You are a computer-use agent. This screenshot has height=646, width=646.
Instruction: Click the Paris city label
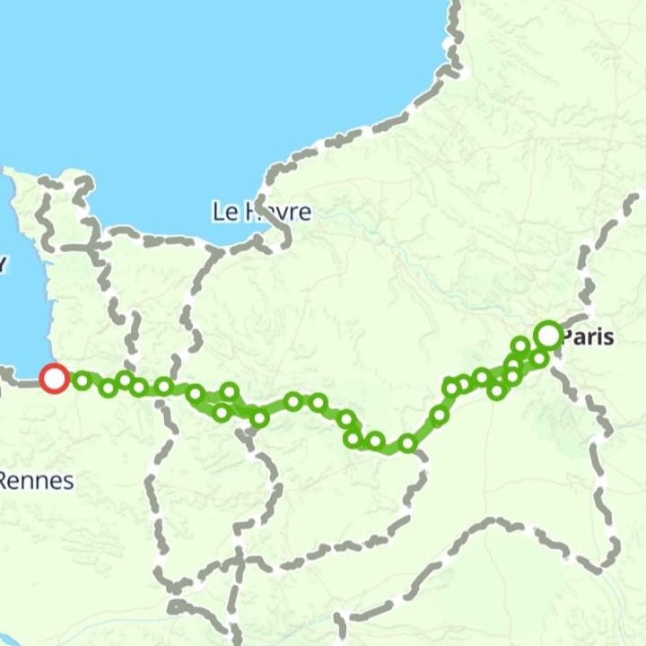pyautogui.click(x=588, y=338)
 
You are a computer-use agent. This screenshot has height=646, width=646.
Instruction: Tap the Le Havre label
pyautogui.click(x=261, y=213)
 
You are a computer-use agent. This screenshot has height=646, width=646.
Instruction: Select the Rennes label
pyautogui.click(x=36, y=481)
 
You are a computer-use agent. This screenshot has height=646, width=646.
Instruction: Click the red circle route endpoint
pyautogui.click(x=55, y=379)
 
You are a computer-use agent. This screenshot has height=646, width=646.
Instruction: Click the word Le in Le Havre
pyautogui.click(x=222, y=213)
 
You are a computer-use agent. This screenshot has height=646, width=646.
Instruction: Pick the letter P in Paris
pyautogui.click(x=568, y=338)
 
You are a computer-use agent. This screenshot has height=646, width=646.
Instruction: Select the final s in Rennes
pyautogui.click(x=68, y=482)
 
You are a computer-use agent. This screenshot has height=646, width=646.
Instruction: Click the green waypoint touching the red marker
pyautogui.click(x=83, y=381)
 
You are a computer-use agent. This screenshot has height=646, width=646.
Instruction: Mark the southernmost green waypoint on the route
pyautogui.click(x=407, y=442)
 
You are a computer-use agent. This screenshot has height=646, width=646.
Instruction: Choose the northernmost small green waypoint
pyautogui.click(x=520, y=345)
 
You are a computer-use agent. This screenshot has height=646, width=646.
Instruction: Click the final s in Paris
pyautogui.click(x=610, y=338)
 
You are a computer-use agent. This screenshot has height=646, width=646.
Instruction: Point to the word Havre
pyautogui.click(x=275, y=213)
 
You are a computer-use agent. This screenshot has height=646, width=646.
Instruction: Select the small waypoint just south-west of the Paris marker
pyautogui.click(x=538, y=359)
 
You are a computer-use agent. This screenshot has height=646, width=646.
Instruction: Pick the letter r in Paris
pyautogui.click(x=591, y=338)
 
